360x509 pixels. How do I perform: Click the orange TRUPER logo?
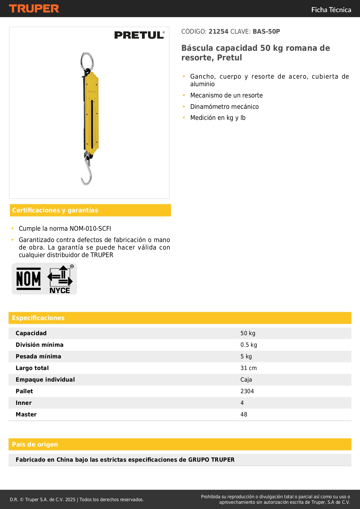pos(34,9)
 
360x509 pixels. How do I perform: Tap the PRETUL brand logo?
pos(139,35)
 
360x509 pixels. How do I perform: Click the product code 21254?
pos(218,32)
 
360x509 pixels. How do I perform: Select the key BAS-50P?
pos(266,32)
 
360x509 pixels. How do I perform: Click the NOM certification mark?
pos(28,279)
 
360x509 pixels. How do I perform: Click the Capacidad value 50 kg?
pos(248,333)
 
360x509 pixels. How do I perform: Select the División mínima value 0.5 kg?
pos(249,345)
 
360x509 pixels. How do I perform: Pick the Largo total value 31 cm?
pos(248,368)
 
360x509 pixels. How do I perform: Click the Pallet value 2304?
pos(247,391)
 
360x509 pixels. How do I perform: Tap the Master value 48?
pos(244,414)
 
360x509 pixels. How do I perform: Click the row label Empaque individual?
pos(45,380)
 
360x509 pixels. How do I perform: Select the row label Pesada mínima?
pos(38,356)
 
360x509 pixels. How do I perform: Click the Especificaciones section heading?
pos(38,318)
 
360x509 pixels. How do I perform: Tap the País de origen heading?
pos(35,445)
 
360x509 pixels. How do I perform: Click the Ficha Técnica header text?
pos(331,10)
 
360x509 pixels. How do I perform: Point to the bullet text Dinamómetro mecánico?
pos(224,107)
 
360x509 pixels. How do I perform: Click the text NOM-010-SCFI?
pos(90,229)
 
